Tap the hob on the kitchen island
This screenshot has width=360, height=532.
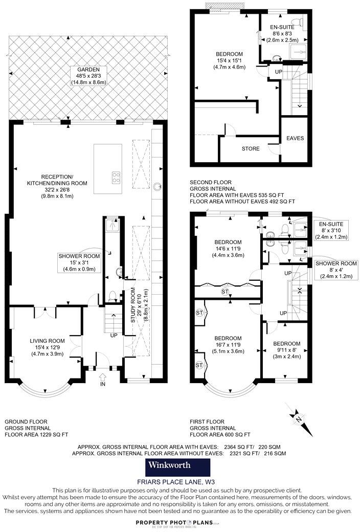point(116,178)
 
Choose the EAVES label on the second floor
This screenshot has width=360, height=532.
point(295,138)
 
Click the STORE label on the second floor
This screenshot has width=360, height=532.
point(251,149)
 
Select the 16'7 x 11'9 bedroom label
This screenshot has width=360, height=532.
point(228,339)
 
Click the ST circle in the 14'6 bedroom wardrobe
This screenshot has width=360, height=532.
point(224,292)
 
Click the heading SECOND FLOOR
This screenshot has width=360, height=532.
point(211,182)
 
